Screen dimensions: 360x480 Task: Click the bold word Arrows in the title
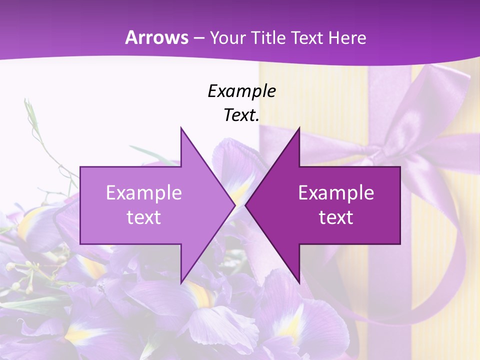157,37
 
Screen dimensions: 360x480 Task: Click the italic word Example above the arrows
241,91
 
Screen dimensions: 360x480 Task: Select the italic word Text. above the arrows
241,115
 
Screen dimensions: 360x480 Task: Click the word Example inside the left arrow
144,192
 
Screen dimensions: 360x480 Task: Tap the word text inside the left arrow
144,217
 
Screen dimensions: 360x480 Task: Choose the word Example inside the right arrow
336,192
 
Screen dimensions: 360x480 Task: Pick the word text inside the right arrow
336,217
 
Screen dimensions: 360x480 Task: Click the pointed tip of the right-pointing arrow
235,205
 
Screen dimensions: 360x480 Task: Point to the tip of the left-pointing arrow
246,205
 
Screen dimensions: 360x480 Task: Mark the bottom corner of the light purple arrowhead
181,282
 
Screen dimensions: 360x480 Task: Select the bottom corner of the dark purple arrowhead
299,282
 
